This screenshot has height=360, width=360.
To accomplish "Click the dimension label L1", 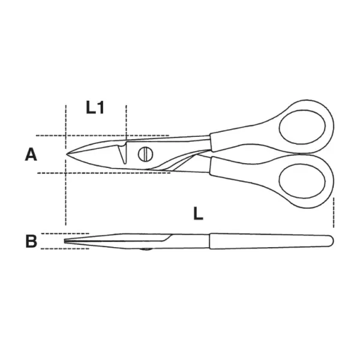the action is click(95, 107).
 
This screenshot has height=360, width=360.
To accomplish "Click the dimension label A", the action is click(31, 155).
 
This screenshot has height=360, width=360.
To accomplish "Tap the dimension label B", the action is click(31, 241).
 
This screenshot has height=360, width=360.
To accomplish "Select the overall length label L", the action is click(198, 213).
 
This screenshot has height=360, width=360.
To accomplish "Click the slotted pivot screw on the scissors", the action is click(145, 154).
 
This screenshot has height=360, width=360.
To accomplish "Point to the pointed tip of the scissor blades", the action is click(67, 154).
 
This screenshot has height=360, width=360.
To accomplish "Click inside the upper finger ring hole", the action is click(302, 127).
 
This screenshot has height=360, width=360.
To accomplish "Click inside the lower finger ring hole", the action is click(302, 181).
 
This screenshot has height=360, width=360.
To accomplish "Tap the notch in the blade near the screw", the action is click(122, 154).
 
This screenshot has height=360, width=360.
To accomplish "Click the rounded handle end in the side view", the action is click(330, 241).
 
